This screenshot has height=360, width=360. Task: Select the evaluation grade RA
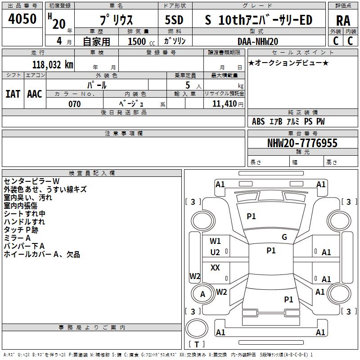click(343, 20)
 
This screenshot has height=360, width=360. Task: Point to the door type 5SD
click(174, 20)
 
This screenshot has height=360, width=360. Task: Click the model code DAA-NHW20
click(258, 41)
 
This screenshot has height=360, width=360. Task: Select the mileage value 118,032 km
click(52, 65)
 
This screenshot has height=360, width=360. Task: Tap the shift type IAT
click(13, 94)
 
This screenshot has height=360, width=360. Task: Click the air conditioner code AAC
click(35, 94)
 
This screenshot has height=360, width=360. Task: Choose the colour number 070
click(75, 104)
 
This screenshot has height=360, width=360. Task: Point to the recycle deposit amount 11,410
click(225, 104)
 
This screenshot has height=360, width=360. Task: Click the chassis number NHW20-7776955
click(302, 143)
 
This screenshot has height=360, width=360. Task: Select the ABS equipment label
click(258, 121)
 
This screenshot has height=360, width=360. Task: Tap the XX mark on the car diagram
click(216, 268)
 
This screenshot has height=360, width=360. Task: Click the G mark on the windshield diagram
click(284, 237)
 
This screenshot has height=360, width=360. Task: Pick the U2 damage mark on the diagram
click(215, 252)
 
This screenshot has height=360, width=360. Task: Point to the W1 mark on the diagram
click(215, 241)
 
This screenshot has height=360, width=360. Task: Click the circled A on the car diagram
click(202, 294)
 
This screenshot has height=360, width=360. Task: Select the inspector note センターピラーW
click(28, 181)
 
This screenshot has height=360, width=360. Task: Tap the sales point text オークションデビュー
click(288, 63)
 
